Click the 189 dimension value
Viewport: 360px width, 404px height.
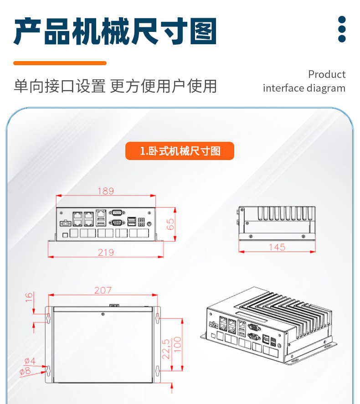pyautogui.click(x=105, y=191)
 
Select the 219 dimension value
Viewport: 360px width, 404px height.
pyautogui.click(x=106, y=252)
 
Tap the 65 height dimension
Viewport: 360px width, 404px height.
pyautogui.click(x=170, y=224)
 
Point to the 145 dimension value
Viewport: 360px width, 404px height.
pyautogui.click(x=277, y=247)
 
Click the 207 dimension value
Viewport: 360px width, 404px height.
pyautogui.click(x=103, y=290)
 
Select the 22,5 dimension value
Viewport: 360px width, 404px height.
pyautogui.click(x=166, y=348)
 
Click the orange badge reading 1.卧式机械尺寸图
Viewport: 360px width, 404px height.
pyautogui.click(x=180, y=151)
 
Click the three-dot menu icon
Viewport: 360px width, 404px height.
pyautogui.click(x=342, y=30)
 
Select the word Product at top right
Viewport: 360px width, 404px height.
pyautogui.click(x=326, y=74)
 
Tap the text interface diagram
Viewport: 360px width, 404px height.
pyautogui.click(x=304, y=88)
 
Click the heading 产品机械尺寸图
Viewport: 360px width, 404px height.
pyautogui.click(x=115, y=32)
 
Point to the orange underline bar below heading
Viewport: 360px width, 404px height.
pyautogui.click(x=60, y=63)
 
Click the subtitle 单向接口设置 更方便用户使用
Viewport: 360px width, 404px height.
pyautogui.click(x=115, y=86)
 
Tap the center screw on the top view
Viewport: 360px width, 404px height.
pyautogui.click(x=103, y=314)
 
